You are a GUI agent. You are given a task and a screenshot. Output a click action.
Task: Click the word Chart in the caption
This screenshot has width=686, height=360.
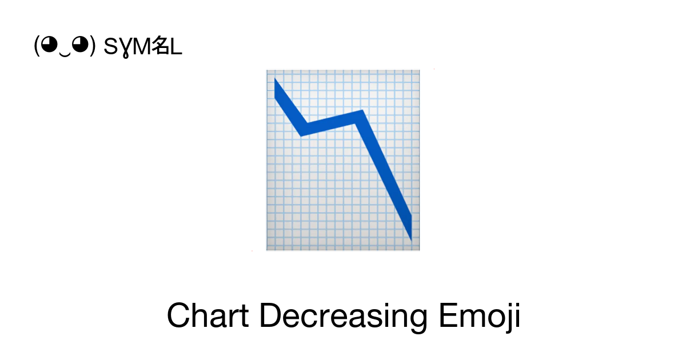[208, 315]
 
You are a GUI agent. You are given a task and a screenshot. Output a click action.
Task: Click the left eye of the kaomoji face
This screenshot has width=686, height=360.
[49, 45]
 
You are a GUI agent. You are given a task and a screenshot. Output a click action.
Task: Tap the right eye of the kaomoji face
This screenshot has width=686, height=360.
[80, 45]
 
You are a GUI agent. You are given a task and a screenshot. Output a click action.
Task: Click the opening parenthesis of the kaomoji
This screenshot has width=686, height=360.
[37, 46]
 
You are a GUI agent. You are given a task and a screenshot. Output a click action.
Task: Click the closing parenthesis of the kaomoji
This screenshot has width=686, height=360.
[93, 46]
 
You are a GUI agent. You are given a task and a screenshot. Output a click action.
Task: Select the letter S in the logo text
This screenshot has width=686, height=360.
[110, 46]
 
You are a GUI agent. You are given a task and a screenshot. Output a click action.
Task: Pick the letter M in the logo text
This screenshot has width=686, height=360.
[142, 46]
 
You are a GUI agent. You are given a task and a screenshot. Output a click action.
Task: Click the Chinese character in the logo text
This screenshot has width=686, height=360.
[161, 45]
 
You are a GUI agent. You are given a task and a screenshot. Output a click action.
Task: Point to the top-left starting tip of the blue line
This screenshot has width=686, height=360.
[275, 79]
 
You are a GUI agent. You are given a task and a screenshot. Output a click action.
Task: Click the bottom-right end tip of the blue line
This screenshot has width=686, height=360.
[411, 240]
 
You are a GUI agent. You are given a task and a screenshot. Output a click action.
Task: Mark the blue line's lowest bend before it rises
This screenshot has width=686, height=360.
[302, 135]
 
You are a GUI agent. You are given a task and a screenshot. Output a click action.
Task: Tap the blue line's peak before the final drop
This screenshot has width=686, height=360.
[362, 110]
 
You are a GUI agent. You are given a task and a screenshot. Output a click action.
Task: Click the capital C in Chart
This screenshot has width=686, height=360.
[178, 315]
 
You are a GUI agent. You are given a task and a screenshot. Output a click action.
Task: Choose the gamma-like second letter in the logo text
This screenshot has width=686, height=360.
[125, 48]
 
